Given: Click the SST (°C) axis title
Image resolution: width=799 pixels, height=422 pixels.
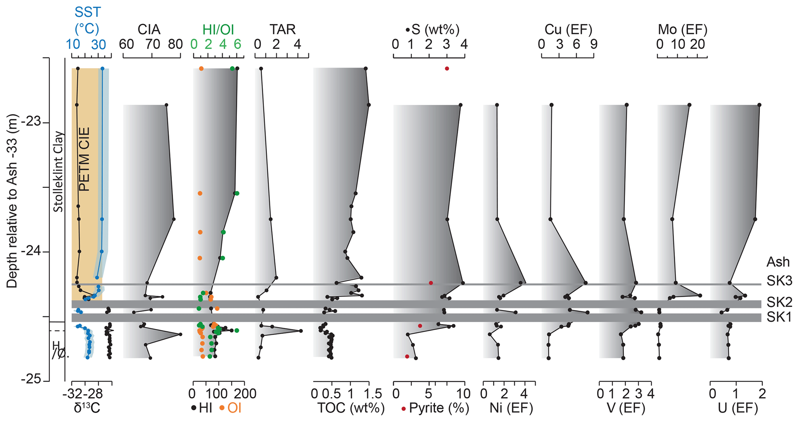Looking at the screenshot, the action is (87, 20).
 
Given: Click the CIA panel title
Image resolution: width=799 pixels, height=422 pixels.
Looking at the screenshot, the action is (149, 29).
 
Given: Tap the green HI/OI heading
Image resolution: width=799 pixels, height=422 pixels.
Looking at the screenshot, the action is (218, 29).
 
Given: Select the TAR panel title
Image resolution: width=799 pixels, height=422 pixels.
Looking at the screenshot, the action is (282, 29).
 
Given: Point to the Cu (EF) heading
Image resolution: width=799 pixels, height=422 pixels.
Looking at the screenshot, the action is (568, 29).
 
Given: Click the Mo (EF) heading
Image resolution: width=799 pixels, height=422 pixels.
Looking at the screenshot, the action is (683, 29).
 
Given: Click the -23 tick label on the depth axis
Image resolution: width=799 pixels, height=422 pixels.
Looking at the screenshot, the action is (31, 122).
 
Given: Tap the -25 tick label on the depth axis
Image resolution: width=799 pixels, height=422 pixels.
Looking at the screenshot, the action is (31, 379).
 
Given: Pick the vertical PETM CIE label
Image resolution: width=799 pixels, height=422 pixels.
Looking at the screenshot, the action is (84, 159).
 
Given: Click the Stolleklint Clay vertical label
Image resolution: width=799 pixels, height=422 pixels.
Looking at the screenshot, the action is (58, 172).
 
